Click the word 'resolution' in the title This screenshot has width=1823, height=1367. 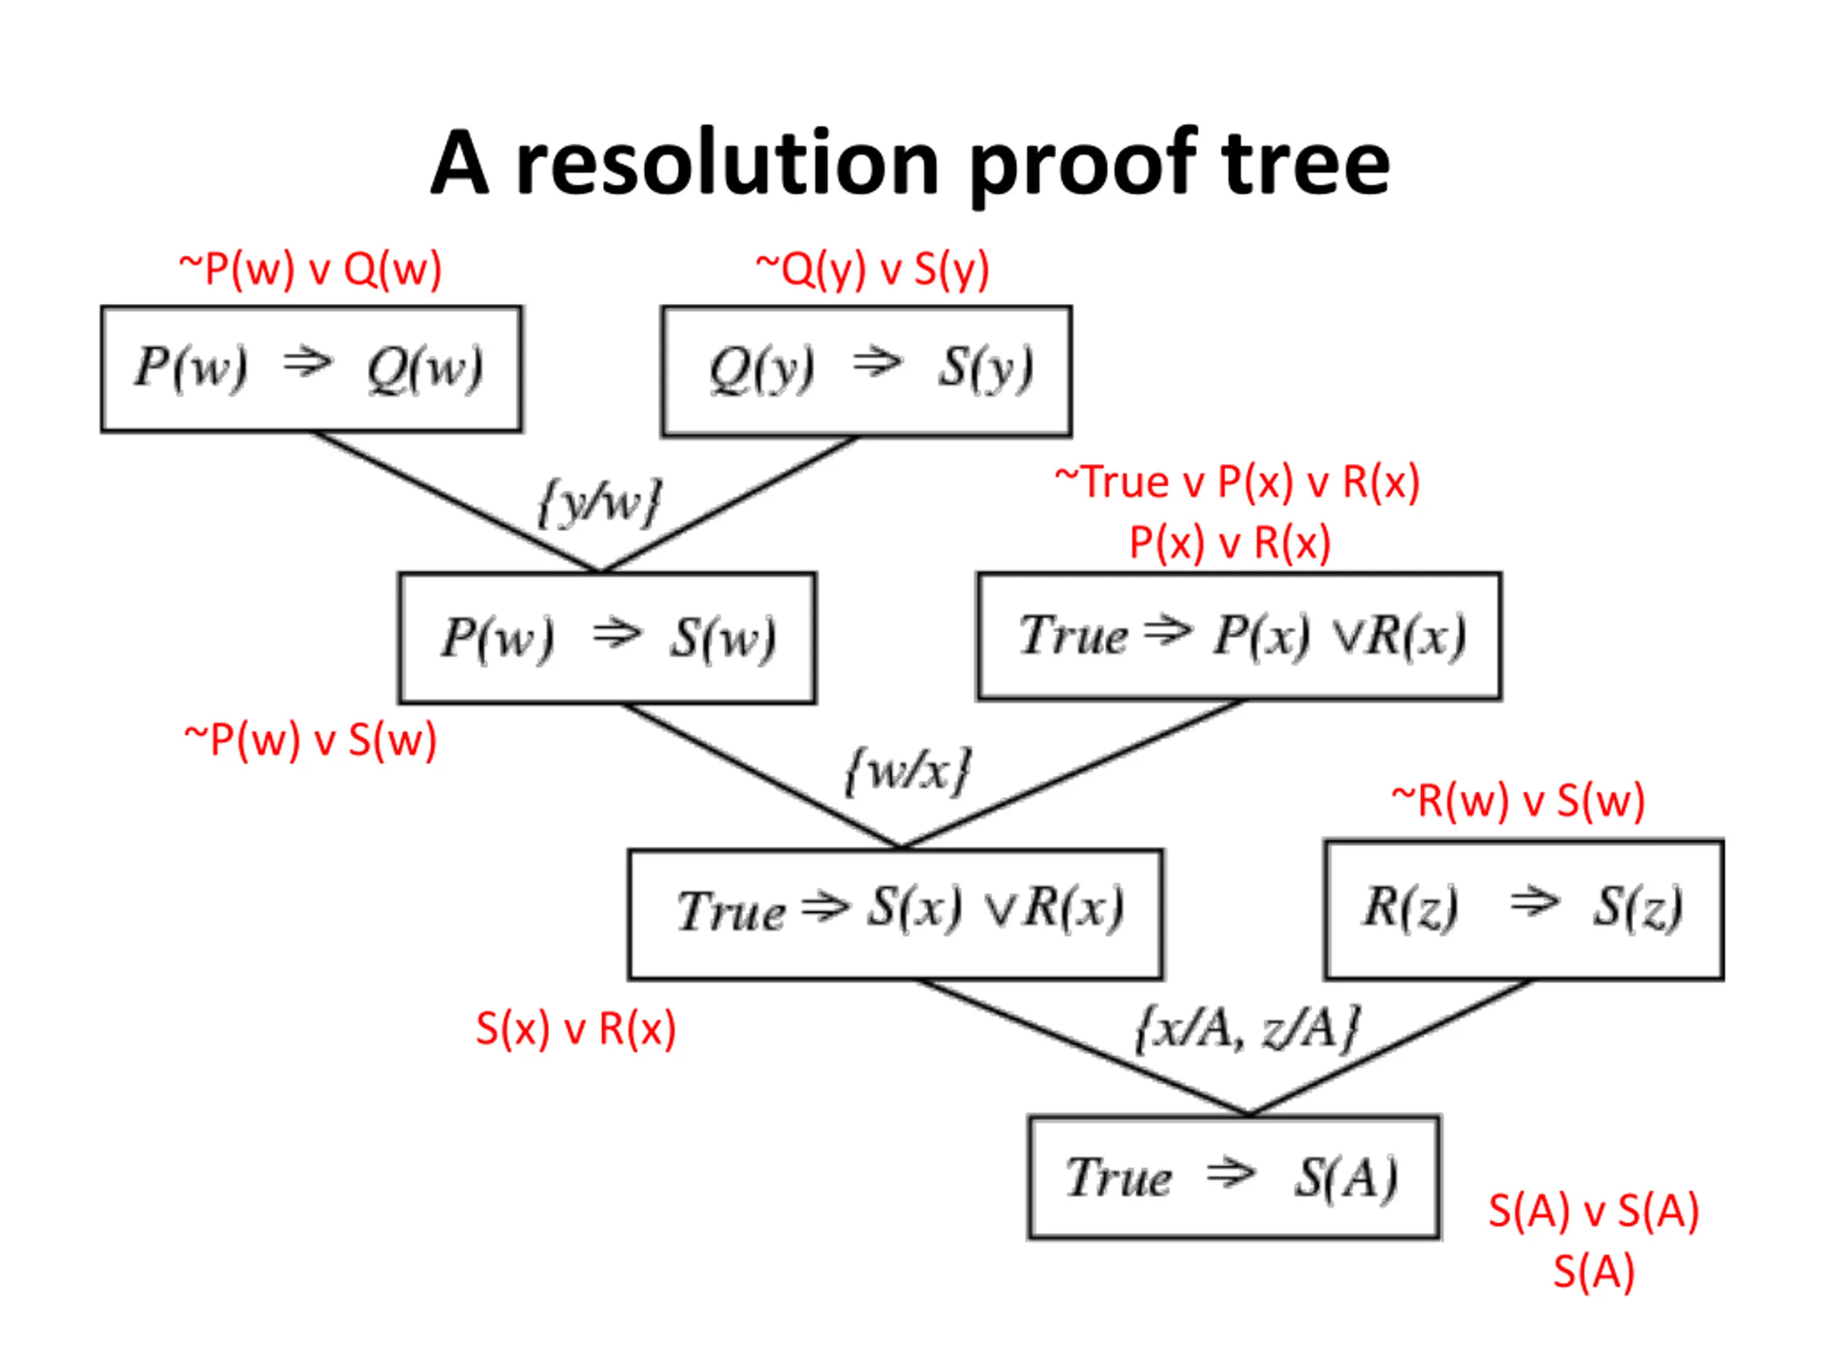click(727, 164)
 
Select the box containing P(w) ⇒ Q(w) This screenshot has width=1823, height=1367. click(311, 369)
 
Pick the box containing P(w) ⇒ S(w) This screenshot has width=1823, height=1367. click(607, 638)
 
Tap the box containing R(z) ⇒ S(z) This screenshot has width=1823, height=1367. click(1524, 910)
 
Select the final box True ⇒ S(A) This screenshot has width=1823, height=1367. click(1235, 1177)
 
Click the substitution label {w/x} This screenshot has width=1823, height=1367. click(908, 770)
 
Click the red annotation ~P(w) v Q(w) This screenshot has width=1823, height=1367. click(310, 268)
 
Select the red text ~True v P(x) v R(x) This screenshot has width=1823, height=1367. click(1237, 481)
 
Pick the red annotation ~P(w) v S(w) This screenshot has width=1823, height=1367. click(310, 739)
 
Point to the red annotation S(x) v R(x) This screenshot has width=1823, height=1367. click(576, 1028)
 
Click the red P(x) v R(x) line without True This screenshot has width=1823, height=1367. click(1231, 543)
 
